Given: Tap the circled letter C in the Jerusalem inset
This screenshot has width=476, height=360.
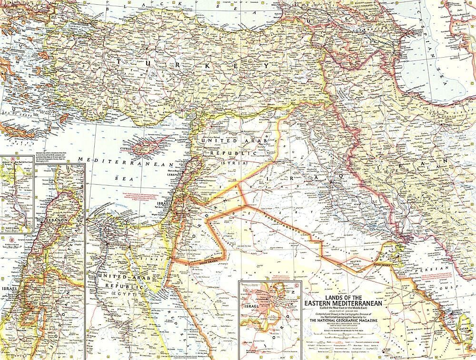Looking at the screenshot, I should pyautogui.click(x=297, y=286).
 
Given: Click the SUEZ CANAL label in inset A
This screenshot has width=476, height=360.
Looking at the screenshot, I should pyautogui.click(x=10, y=228).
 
